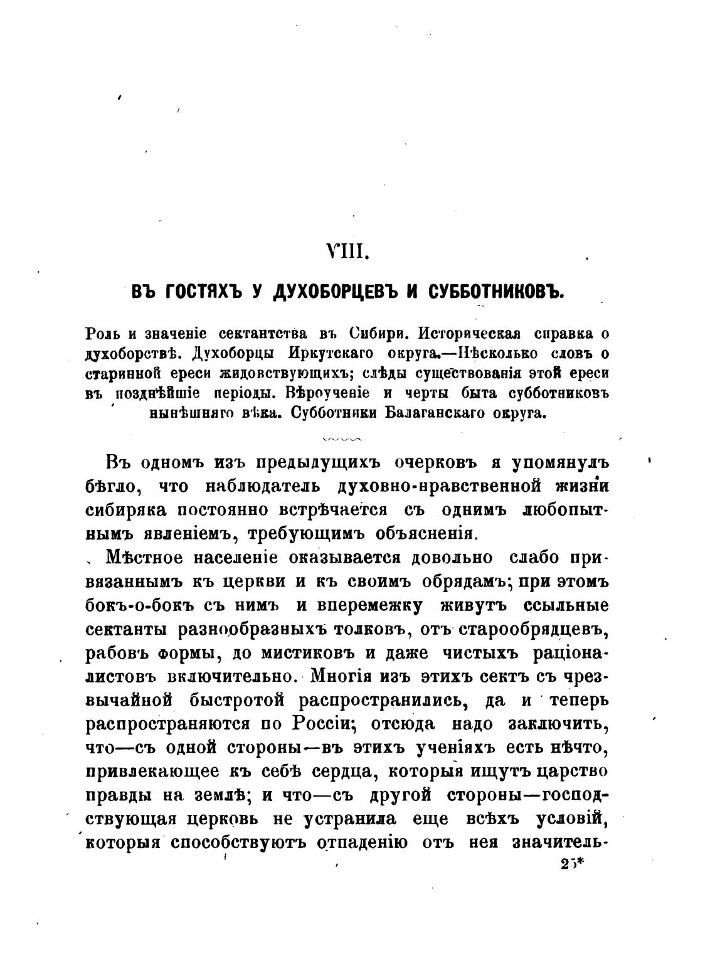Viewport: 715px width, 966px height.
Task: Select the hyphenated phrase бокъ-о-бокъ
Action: click(x=133, y=605)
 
